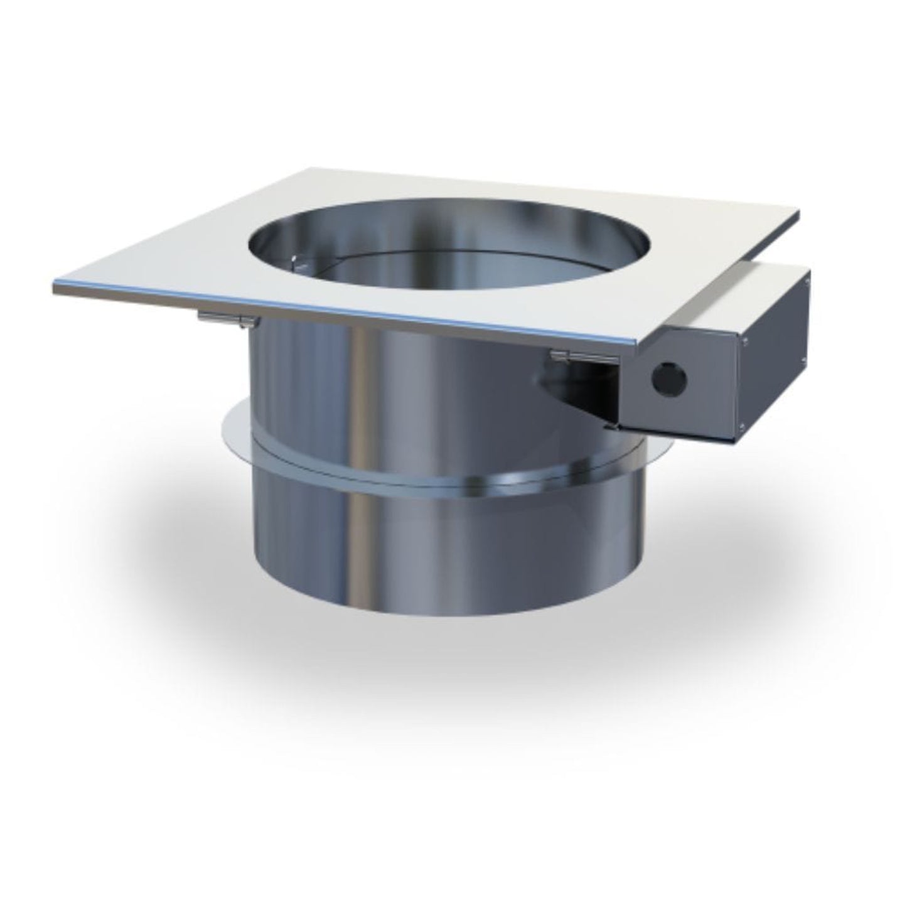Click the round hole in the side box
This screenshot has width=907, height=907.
point(667,377)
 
